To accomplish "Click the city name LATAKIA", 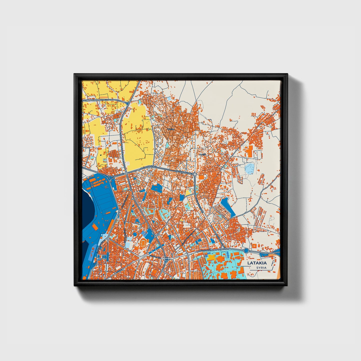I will pyautogui.click(x=257, y=263).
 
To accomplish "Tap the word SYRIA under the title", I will pyautogui.click(x=261, y=268).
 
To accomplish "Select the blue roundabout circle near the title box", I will pyautogui.click(x=246, y=251).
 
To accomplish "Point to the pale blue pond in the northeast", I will pyautogui.click(x=250, y=168).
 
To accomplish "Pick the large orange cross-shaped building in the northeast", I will pyautogui.click(x=249, y=151).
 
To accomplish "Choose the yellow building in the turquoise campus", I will pyautogui.click(x=211, y=257).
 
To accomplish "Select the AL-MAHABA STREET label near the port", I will pyautogui.click(x=117, y=174).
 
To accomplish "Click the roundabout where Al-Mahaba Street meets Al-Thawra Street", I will pyautogui.click(x=127, y=173).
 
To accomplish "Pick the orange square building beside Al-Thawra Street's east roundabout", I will pyautogui.click(x=201, y=177).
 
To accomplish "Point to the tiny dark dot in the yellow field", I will pyautogui.click(x=101, y=155).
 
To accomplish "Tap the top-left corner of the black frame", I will pyautogui.click(x=74, y=74).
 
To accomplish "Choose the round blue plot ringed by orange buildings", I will pyautogui.click(x=135, y=234).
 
